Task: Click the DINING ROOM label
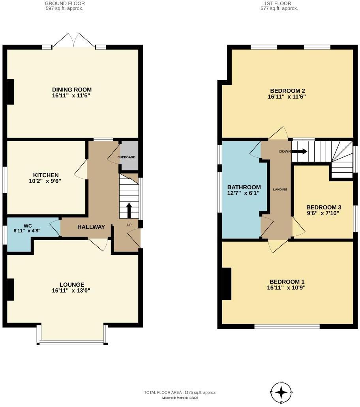pyautogui.click(x=71, y=90)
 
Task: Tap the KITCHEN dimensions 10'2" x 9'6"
pyautogui.click(x=46, y=181)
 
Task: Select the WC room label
pyautogui.click(x=27, y=226)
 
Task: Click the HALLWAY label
pyautogui.click(x=91, y=227)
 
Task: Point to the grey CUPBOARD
pyautogui.click(x=128, y=156)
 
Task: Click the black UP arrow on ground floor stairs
pyautogui.click(x=129, y=210)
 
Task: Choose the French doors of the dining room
pyautogui.click(x=74, y=41)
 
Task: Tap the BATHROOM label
pyautogui.click(x=244, y=187)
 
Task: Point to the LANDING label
pyautogui.click(x=280, y=189)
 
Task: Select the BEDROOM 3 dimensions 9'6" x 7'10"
pyautogui.click(x=323, y=213)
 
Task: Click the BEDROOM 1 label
pyautogui.click(x=287, y=282)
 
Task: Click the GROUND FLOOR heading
pyautogui.click(x=65, y=3)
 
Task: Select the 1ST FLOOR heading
pyautogui.click(x=279, y=3)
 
